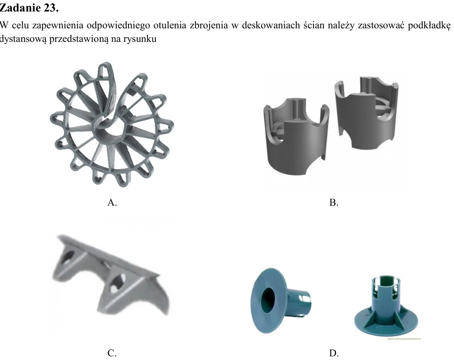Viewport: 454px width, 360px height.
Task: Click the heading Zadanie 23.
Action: coord(29,8)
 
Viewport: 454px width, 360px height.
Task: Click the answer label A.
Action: coord(112,202)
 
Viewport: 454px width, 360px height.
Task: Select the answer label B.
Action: coord(334,202)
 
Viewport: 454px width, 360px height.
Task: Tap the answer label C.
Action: coord(112,353)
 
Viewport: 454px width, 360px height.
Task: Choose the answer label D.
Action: coord(334,353)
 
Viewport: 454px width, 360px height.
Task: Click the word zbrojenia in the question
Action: coord(209,25)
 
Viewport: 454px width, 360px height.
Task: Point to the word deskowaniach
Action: coord(271,25)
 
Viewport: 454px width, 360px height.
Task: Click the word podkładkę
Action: coord(429,25)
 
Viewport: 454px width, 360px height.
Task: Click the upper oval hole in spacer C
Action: coord(68,257)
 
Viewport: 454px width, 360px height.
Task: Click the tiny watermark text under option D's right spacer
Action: coord(404,339)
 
